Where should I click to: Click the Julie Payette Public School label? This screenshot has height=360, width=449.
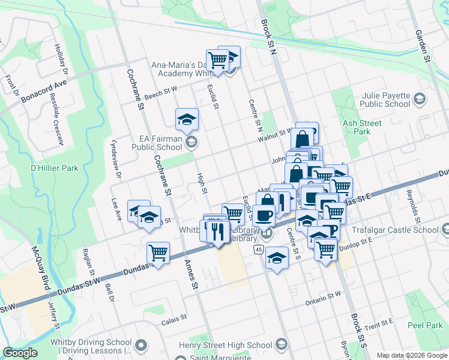pos(386,100)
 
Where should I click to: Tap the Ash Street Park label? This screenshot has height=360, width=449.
pos(362,127)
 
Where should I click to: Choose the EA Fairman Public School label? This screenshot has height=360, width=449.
pos(157,143)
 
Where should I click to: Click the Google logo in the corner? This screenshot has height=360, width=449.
pos(20,353)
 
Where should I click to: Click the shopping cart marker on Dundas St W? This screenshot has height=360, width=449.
pos(158,253)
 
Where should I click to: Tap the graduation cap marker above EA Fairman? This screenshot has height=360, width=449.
pos(187,119)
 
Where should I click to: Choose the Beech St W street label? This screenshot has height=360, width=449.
pos(160,90)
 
